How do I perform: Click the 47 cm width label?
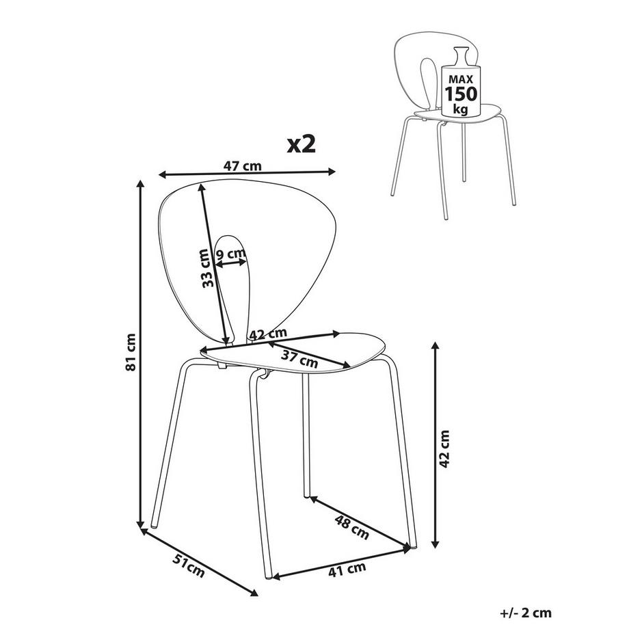coord(242,165)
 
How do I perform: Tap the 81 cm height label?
coord(131,352)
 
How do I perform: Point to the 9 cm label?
coord(230,254)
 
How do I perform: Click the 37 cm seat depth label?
coord(299,358)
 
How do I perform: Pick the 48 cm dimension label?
coord(351,526)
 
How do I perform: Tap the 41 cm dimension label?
coord(347,570)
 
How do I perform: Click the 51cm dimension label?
coord(188,565)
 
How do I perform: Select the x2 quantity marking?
coord(302,145)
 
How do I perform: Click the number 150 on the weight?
coord(461,94)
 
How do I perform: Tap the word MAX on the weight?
coord(461,79)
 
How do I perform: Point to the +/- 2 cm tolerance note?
coord(526,613)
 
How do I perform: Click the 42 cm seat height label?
coord(444,449)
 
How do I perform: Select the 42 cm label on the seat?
coord(268,334)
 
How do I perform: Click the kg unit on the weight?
coord(461,109)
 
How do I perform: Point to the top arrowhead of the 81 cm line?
coord(140,183)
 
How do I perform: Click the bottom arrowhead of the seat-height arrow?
coord(435,544)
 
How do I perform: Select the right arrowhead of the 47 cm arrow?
coord(332,172)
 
